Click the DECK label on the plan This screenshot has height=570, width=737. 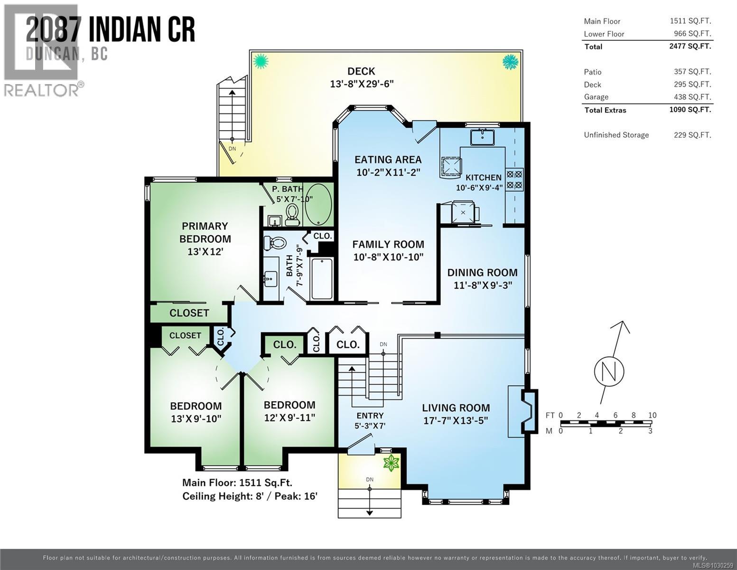361,71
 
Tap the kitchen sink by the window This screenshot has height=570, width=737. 482,137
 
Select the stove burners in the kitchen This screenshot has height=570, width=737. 514,179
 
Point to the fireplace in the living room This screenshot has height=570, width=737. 528,411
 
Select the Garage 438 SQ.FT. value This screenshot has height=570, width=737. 692,96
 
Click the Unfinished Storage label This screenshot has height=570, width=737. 616,135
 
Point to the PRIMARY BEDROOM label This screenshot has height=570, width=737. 205,232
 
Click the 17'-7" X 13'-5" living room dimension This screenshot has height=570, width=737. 456,420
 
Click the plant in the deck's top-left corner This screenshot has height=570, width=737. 260,61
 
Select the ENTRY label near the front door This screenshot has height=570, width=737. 370,415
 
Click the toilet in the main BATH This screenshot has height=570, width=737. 275,243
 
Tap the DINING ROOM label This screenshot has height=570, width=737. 482,272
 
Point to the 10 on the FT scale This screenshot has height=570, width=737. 652,415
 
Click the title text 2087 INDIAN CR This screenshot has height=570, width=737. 110,29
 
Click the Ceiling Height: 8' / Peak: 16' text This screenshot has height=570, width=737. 250,496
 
